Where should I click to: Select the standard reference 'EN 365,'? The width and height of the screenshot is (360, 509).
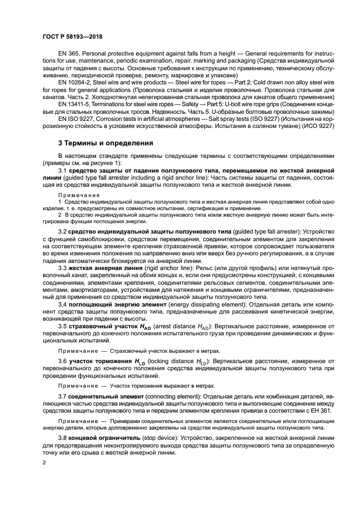(69, 54)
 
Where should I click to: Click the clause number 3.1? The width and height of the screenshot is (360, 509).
(62, 171)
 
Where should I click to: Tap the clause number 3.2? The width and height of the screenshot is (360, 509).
(62, 231)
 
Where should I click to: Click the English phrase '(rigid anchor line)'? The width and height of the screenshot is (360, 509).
(163, 268)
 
